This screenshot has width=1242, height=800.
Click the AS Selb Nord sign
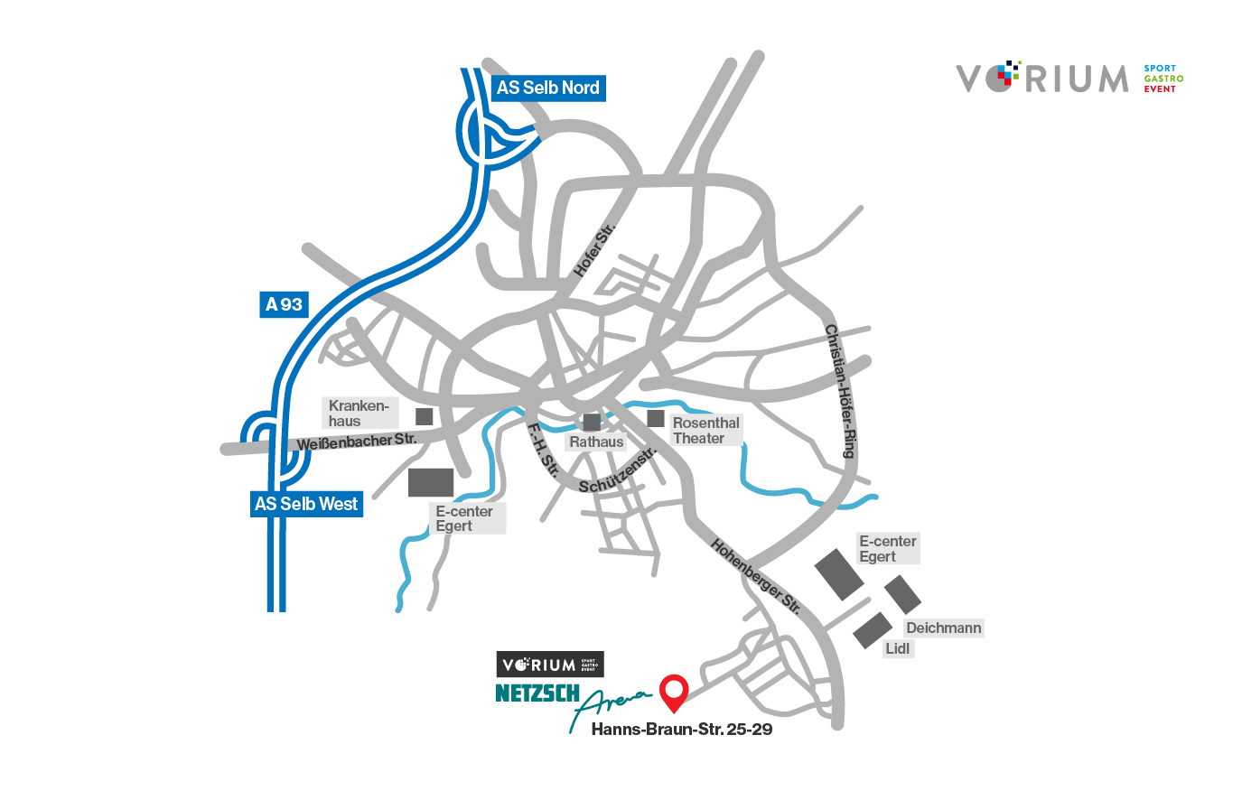pos(547,88)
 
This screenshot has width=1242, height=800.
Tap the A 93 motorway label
pos(284,304)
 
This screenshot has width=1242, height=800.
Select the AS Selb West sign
pos(306,504)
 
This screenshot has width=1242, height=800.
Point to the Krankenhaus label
pos(360,413)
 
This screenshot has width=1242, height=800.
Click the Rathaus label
pos(596,442)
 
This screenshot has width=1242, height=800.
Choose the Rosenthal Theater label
pos(705,430)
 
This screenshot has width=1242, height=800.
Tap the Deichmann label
pos(943,628)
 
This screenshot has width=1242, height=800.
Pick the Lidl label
pos(898,648)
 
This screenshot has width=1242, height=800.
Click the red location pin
pos(674,692)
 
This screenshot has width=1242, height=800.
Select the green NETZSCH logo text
pos(537,693)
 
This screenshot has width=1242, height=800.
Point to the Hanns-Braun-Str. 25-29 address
pos(682,730)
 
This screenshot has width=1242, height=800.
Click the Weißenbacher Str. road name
pos(357,442)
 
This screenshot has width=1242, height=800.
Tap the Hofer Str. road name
pos(593,250)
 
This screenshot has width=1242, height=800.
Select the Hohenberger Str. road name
pos(756,577)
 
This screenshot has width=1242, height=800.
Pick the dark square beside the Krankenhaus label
pos(424,416)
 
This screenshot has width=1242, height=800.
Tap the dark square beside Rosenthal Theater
pos(656,418)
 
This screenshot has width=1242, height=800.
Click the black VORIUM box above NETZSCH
pos(550,665)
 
